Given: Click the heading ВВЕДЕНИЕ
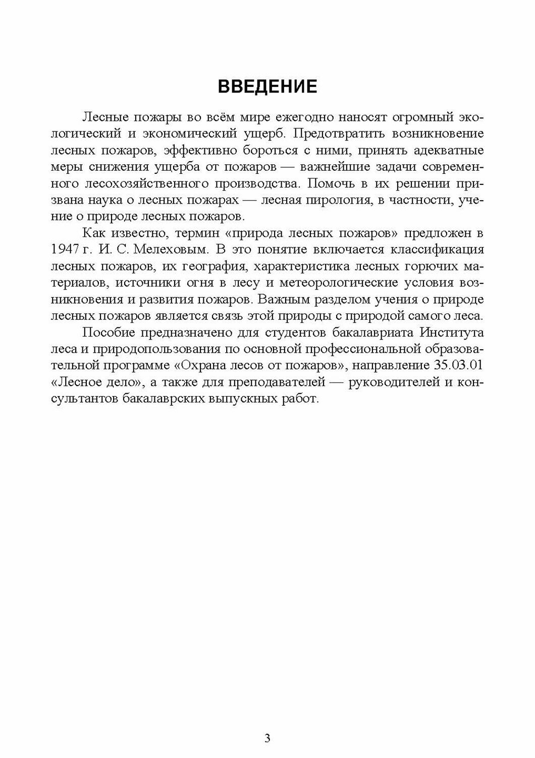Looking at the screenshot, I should tap(267, 86).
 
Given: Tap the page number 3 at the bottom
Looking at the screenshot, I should tap(268, 738).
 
